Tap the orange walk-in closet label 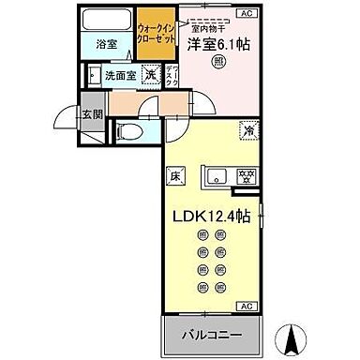[x=155, y=39]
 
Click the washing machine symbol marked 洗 [x=150, y=76]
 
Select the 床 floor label [x=175, y=174]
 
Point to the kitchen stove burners [x=246, y=175]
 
